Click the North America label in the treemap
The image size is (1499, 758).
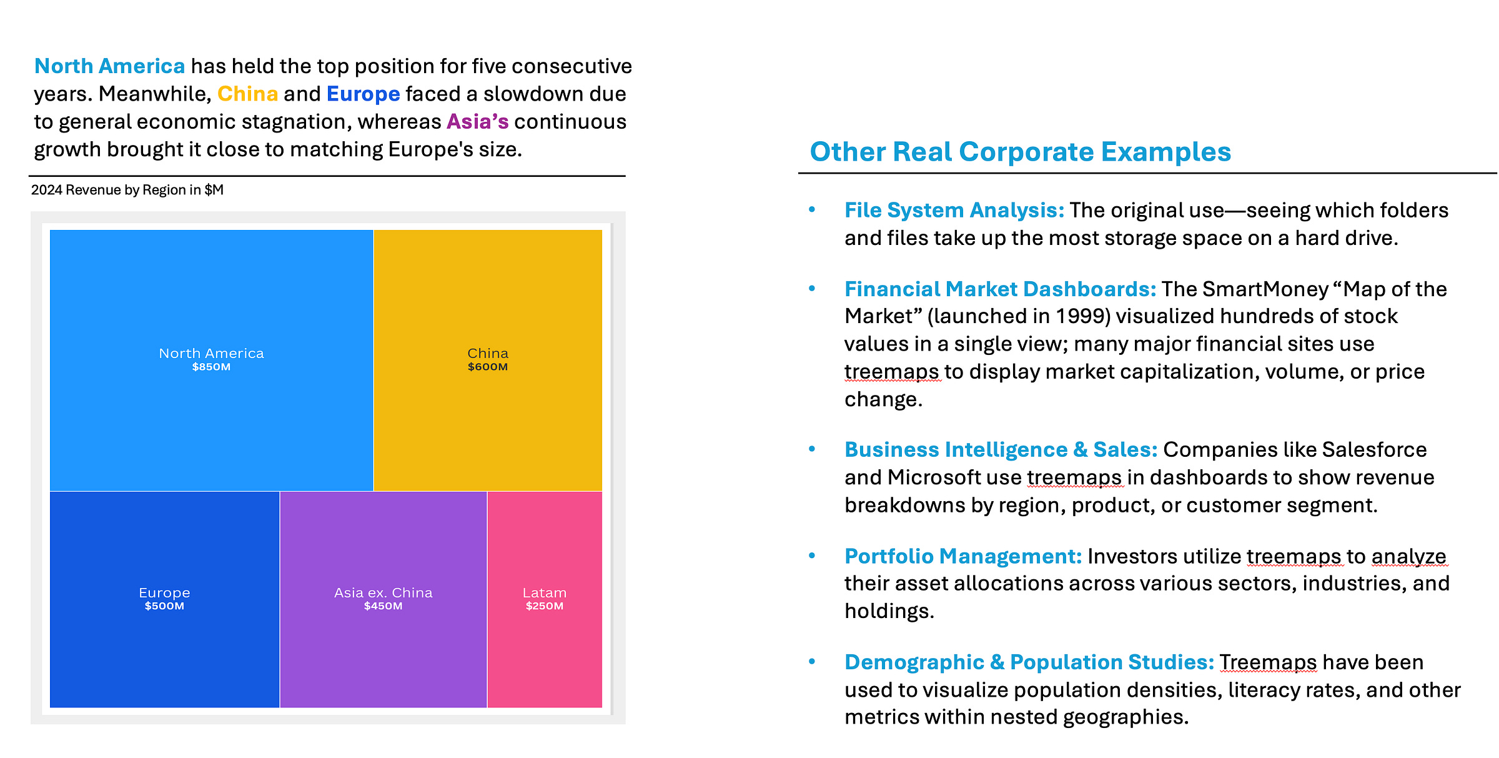(x=211, y=353)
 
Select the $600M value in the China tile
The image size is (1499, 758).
(x=488, y=367)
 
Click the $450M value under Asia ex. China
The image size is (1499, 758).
(x=383, y=606)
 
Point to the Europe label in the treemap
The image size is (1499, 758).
(x=164, y=592)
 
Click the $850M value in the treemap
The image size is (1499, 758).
(x=211, y=367)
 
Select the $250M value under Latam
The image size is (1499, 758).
(x=545, y=606)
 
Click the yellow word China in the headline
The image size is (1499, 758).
(x=247, y=94)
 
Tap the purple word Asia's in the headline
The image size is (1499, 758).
(x=477, y=121)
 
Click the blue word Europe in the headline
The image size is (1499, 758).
(x=363, y=94)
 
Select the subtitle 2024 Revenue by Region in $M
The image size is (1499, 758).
(x=127, y=190)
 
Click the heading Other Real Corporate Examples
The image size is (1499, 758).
(x=1020, y=152)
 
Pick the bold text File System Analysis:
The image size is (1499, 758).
(x=954, y=211)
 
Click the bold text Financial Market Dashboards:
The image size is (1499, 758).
(x=1000, y=289)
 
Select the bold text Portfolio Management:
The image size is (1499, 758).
(x=962, y=556)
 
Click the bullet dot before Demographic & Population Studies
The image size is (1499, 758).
(x=812, y=662)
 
